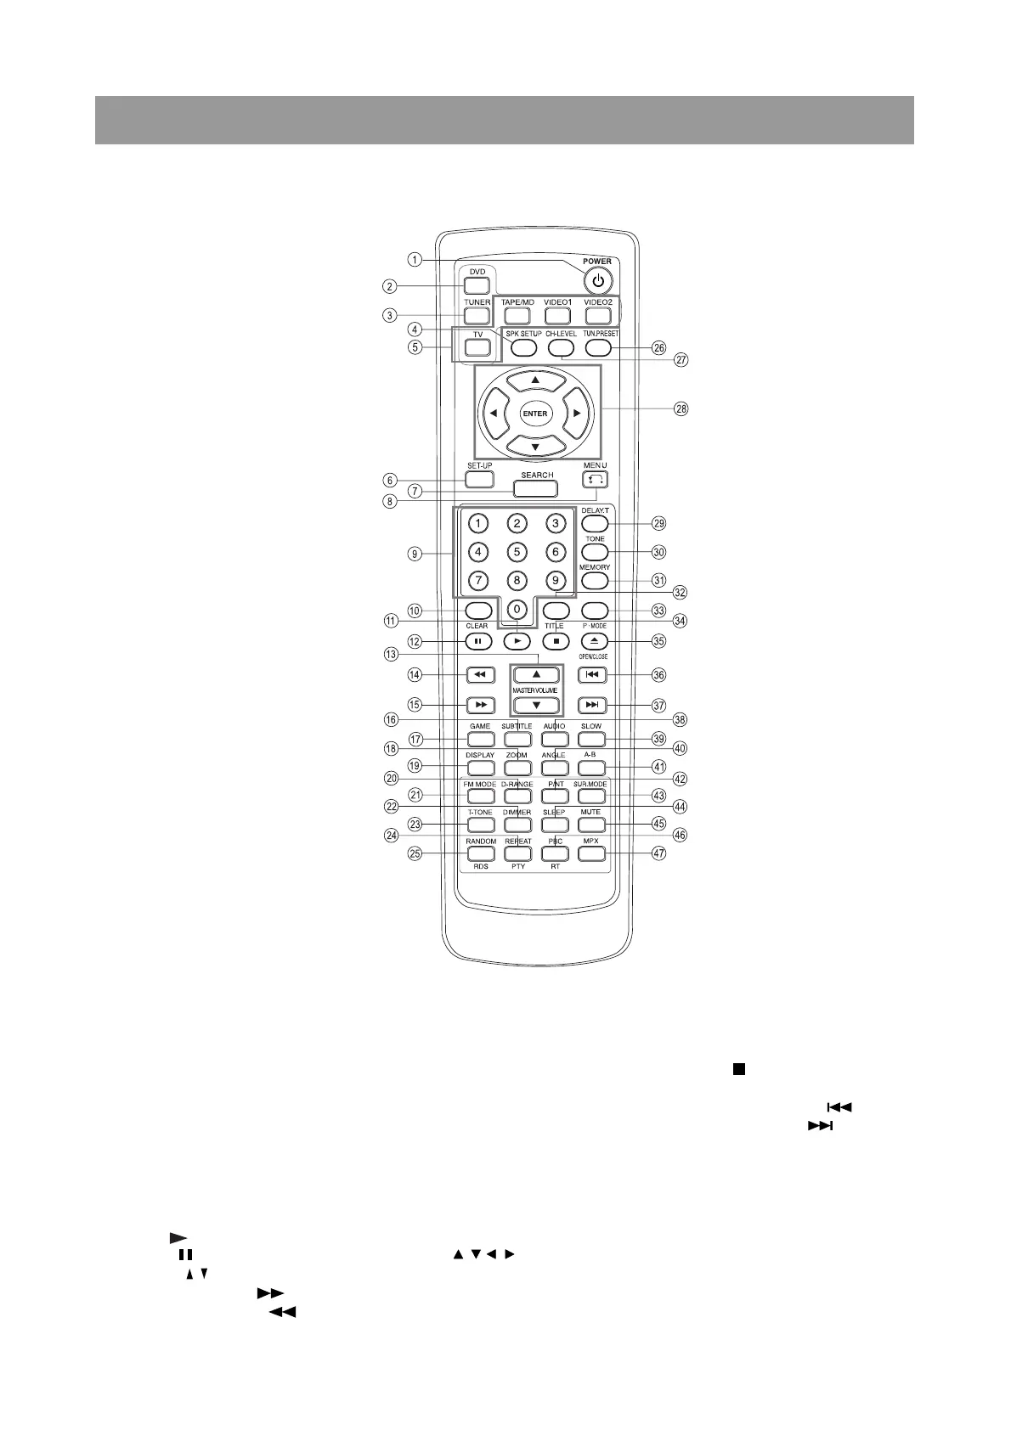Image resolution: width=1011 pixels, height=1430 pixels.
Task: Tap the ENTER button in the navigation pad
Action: point(535,414)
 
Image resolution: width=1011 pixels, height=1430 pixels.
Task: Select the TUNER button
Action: point(477,316)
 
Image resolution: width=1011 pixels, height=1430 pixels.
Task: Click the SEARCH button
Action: point(536,488)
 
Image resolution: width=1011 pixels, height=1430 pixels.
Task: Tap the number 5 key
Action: point(517,552)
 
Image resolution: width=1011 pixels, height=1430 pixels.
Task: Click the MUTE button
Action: point(591,825)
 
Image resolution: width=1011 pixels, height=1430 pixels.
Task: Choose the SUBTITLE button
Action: point(517,740)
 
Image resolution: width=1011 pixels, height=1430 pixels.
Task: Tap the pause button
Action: point(478,642)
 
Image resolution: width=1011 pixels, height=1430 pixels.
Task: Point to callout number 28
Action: point(681,408)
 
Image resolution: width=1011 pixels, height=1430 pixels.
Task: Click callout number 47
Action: point(658,853)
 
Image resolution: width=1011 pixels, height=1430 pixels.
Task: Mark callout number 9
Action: point(415,555)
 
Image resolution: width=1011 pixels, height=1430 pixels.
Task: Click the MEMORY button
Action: point(595,581)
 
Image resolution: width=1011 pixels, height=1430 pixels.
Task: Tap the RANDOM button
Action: point(481,853)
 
